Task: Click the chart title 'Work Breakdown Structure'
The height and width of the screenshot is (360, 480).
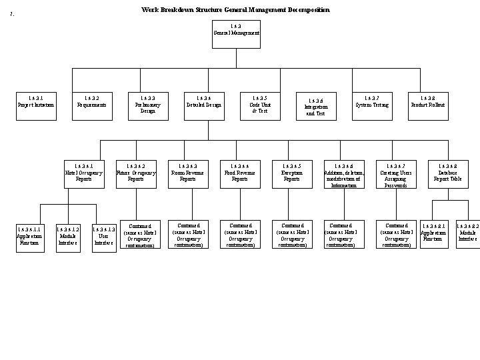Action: tap(235, 10)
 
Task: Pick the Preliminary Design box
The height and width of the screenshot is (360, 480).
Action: tap(147, 105)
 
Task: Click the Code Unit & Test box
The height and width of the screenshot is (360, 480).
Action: tap(259, 105)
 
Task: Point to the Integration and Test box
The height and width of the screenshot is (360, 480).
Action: tap(315, 106)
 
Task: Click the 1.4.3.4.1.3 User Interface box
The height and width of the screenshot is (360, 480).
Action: tap(103, 235)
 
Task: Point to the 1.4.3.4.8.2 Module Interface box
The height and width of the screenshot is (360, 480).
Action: tap(468, 235)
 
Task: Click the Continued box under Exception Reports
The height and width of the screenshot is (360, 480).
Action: tap(292, 235)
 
